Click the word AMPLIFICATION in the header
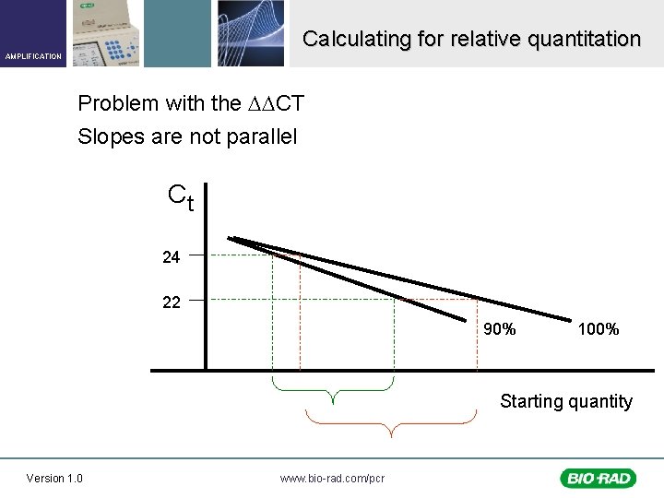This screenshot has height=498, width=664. (x=33, y=56)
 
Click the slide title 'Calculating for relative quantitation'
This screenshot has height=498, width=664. (x=471, y=39)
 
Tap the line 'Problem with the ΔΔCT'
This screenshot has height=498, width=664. (x=191, y=102)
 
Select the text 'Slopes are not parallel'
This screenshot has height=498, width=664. (x=187, y=136)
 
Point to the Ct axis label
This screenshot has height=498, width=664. (x=181, y=196)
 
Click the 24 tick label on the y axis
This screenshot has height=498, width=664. (x=171, y=257)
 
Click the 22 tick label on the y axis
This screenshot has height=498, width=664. (x=171, y=302)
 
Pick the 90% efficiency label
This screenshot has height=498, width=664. (x=500, y=329)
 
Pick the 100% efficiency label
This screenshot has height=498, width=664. (x=598, y=329)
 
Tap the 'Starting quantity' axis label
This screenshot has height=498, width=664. (x=565, y=401)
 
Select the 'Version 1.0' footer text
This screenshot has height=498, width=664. (x=54, y=478)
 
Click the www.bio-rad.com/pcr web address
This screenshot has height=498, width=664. (x=332, y=478)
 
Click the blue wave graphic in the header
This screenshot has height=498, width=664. (x=251, y=33)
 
